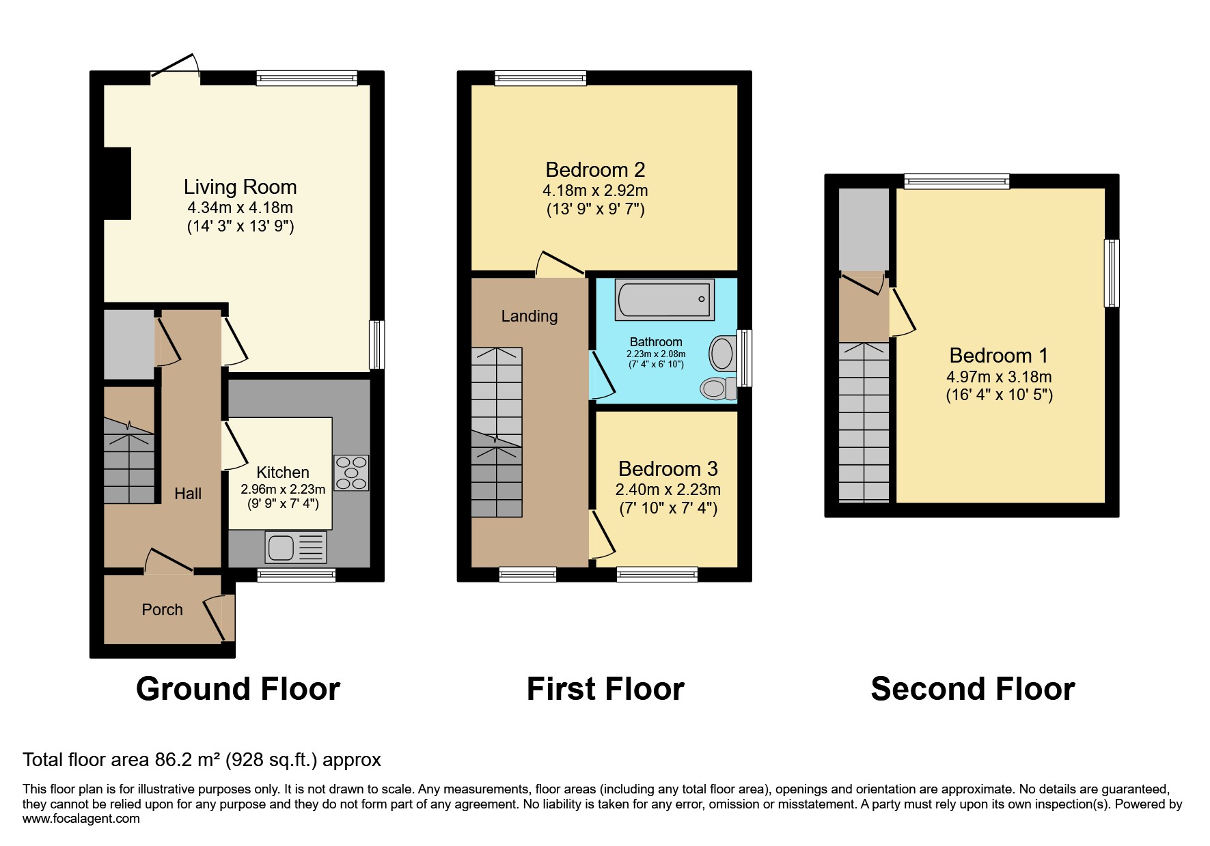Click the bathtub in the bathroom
pyautogui.click(x=664, y=299)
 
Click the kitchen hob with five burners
pyautogui.click(x=351, y=473)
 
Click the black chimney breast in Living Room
pyautogui.click(x=117, y=183)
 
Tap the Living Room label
pyautogui.click(x=240, y=187)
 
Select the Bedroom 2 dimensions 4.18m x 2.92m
pyautogui.click(x=595, y=191)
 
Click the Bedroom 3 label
pyautogui.click(x=668, y=469)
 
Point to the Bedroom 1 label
pyautogui.click(x=998, y=356)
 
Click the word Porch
pyautogui.click(x=162, y=610)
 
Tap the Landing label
pyautogui.click(x=529, y=316)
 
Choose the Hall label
pyautogui.click(x=188, y=494)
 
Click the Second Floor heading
pyautogui.click(x=972, y=688)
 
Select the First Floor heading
pyautogui.click(x=605, y=688)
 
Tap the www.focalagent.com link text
pyautogui.click(x=81, y=819)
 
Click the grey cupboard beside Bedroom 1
pyautogui.click(x=864, y=229)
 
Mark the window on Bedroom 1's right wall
pyautogui.click(x=1112, y=273)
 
